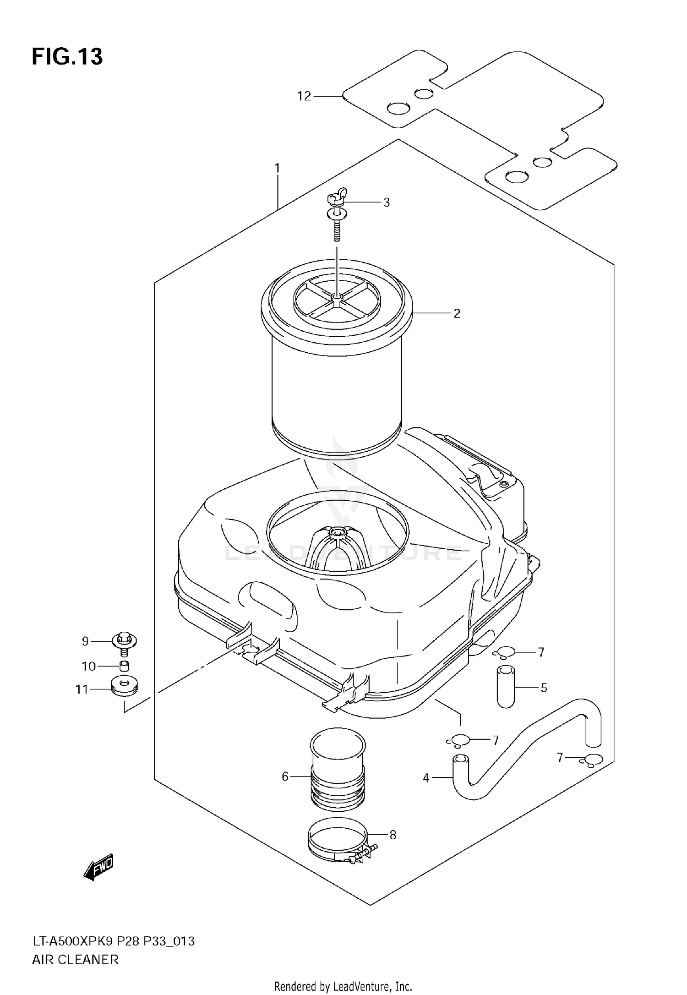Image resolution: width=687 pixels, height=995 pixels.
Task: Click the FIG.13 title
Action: click(67, 57)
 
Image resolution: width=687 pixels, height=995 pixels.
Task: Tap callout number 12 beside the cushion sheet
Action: click(304, 96)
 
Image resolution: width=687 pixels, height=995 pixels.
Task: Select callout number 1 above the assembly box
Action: click(277, 168)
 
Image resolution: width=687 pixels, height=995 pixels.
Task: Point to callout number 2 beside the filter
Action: click(457, 314)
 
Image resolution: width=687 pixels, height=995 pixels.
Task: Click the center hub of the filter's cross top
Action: click(337, 298)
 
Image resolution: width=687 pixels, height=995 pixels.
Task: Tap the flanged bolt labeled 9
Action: click(124, 642)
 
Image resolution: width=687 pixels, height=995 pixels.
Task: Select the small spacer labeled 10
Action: click(124, 666)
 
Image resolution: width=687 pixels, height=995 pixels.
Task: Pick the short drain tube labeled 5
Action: click(506, 687)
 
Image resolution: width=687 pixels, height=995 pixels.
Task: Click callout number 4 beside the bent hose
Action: click(426, 778)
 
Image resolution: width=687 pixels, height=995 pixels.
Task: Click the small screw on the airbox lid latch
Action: click(504, 484)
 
